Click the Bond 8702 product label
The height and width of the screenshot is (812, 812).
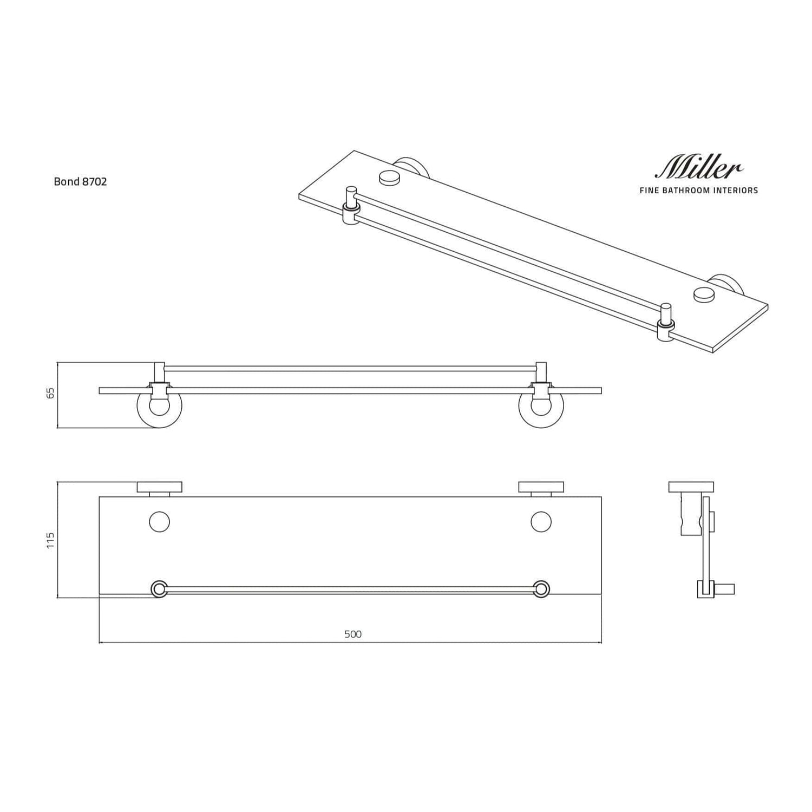point(80,182)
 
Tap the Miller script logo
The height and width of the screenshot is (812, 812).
point(699,166)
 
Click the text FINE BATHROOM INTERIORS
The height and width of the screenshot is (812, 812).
point(699,191)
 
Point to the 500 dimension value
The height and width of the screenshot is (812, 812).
point(353,634)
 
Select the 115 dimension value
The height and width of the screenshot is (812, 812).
point(51,540)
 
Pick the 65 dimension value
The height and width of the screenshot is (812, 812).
point(51,394)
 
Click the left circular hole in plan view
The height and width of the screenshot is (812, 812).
point(159,522)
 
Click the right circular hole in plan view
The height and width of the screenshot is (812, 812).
point(541,522)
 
